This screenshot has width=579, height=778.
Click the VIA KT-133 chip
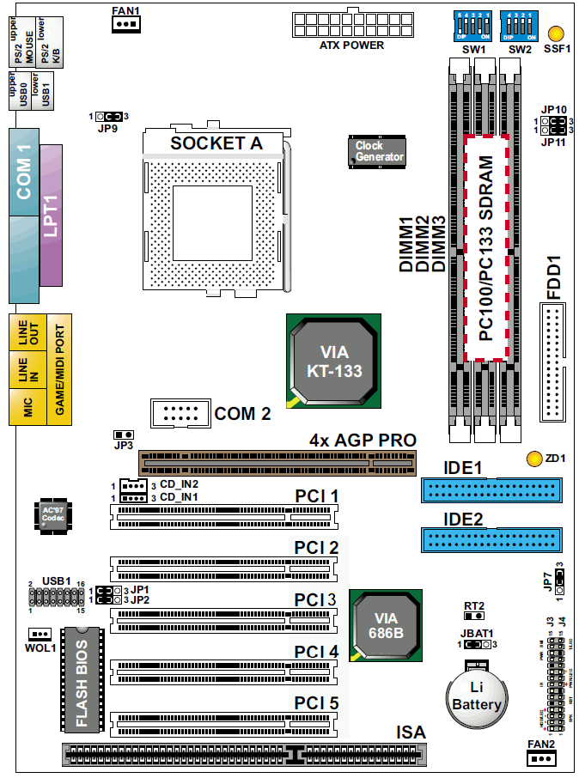pos(334,361)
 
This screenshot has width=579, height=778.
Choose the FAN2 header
pos(540,757)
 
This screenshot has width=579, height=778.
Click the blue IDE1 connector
pos(492,490)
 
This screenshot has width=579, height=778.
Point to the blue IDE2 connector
pos(492,540)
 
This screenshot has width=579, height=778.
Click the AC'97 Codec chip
pos(53,515)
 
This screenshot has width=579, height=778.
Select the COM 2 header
pos(180,413)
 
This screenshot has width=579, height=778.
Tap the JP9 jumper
pos(109,116)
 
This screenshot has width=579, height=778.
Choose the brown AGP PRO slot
pos(277,462)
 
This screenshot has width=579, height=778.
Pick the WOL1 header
pos(39,633)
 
